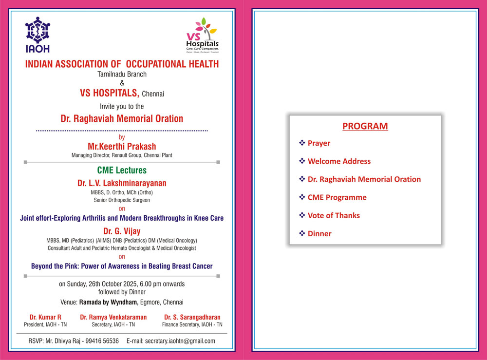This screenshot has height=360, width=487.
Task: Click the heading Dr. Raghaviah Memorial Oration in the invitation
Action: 122,118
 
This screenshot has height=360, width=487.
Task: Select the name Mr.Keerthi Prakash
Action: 122,146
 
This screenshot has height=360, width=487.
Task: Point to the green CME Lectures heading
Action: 122,171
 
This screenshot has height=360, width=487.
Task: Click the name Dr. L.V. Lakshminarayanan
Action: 122,183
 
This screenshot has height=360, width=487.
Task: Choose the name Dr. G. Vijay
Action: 122,230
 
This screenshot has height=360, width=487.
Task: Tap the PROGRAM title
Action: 365,126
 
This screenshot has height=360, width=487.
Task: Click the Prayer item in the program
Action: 318,143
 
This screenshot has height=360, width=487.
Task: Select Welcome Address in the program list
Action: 339,161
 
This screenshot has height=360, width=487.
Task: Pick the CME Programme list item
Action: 337,197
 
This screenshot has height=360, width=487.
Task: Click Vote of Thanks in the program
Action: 334,215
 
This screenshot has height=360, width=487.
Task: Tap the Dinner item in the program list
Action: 319,233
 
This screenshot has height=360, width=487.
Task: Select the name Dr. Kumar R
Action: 45,317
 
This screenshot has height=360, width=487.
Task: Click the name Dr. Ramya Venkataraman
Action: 113,317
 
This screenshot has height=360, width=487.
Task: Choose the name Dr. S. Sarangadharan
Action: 193,317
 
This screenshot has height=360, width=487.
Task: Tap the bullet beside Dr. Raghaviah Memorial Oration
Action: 302,179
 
